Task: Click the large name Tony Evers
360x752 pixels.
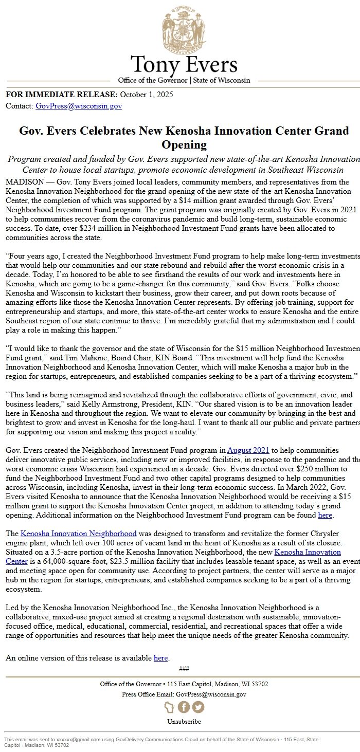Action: (x=184, y=65)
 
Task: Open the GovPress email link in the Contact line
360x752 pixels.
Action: (x=79, y=106)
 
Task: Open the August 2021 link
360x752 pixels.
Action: (x=248, y=450)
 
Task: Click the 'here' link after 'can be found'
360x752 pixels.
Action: (x=325, y=515)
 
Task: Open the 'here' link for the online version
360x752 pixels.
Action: (x=161, y=658)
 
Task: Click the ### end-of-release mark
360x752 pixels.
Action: (x=184, y=669)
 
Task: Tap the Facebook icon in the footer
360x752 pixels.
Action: (x=184, y=707)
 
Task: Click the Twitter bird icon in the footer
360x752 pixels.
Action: (x=198, y=707)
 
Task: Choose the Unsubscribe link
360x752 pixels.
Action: (x=184, y=722)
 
